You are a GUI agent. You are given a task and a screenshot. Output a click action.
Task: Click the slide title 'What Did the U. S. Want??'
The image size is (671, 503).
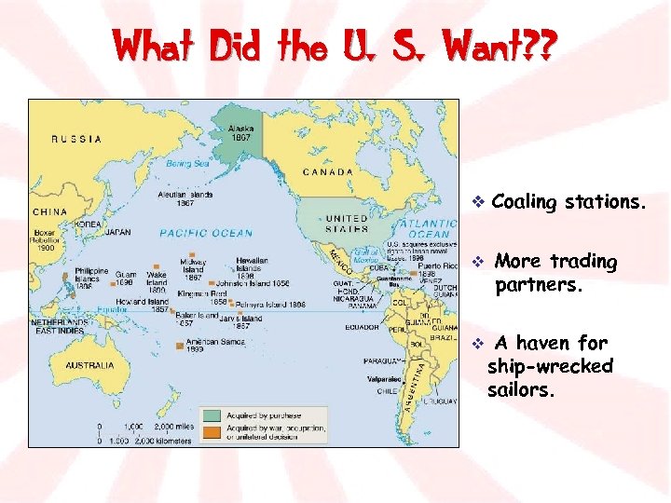pyautogui.click(x=333, y=45)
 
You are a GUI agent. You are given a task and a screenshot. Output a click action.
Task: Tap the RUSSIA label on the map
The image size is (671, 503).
pyautogui.click(x=77, y=140)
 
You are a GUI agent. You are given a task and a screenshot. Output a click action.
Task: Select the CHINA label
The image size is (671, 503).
pyautogui.click(x=49, y=211)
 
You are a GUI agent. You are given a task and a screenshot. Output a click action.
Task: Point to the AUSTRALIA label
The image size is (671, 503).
pyautogui.click(x=89, y=365)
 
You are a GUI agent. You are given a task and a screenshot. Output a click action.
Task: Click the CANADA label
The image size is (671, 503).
pyautogui.click(x=328, y=172)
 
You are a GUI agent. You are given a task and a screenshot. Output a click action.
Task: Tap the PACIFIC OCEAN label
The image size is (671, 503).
pyautogui.click(x=206, y=233)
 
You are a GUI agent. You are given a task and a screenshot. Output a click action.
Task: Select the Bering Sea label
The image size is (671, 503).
pyautogui.click(x=188, y=164)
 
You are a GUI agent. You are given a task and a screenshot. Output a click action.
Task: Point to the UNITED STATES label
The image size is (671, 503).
pyautogui.click(x=346, y=224)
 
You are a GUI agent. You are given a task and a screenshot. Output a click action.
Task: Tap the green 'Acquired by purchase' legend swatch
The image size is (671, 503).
pyautogui.click(x=213, y=415)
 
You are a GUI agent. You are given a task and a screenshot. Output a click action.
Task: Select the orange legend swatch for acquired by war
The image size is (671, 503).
pyautogui.click(x=213, y=430)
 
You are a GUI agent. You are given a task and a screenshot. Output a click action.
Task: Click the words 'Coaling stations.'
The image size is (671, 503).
pyautogui.click(x=568, y=201)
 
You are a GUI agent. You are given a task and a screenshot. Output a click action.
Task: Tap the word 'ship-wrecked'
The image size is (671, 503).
pyautogui.click(x=550, y=366)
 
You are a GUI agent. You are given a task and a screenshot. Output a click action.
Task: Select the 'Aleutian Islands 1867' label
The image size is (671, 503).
pyautogui.click(x=187, y=198)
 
